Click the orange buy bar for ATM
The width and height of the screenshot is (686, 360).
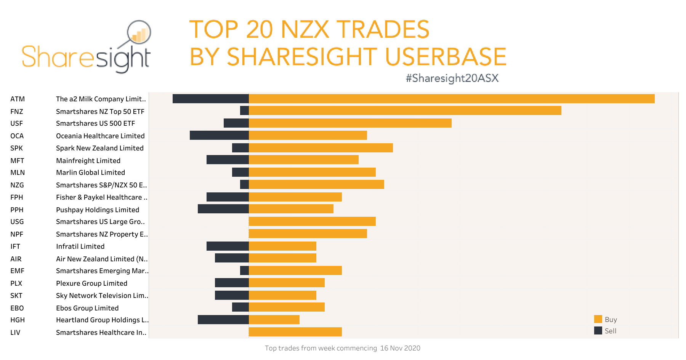pos(452,99)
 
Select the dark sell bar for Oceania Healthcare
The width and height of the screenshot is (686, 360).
pos(219,135)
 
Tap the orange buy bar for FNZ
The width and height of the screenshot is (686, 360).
pos(405,110)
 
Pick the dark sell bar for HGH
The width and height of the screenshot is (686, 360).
pos(223,320)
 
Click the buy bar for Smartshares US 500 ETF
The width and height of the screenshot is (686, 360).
pos(350,123)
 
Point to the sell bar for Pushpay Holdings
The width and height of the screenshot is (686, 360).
pos(223,209)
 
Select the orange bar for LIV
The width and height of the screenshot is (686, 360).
pos(295,332)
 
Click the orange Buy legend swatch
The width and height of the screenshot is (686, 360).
pos(598,319)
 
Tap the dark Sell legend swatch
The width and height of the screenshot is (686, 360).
pos(598,330)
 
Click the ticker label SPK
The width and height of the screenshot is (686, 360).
pos(16,148)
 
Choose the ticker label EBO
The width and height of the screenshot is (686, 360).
pos(17,308)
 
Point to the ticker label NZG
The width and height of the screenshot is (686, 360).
pos(17,185)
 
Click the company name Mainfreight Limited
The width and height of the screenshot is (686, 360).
pos(88,161)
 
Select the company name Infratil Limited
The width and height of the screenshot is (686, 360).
pos(80,246)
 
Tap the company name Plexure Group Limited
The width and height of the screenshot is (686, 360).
pos(91,283)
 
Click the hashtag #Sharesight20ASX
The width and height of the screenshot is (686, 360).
pos(452,78)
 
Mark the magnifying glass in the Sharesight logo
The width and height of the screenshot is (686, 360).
pos(139,32)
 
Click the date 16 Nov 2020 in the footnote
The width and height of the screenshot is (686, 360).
pos(400,348)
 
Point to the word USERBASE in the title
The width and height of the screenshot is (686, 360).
pos(446,57)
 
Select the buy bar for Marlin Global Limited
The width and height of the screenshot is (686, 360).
pos(312,172)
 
